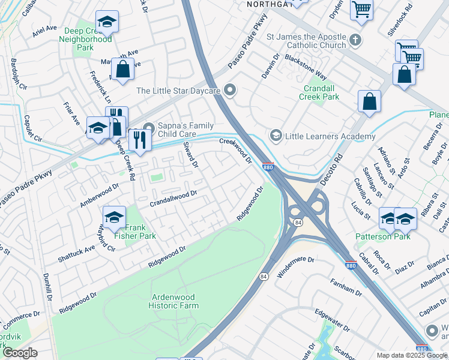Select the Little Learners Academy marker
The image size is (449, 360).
pos(276,136)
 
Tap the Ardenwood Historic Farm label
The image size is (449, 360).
pos(174,301)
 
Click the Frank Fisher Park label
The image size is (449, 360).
pos(140,232)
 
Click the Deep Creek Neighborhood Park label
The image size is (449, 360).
pos(85,35)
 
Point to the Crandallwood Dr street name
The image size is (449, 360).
pos(173,196)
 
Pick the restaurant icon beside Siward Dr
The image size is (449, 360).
pos(139,141)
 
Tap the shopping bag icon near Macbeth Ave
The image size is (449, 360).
pos(122,69)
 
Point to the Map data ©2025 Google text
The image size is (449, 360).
pos(411,355)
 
